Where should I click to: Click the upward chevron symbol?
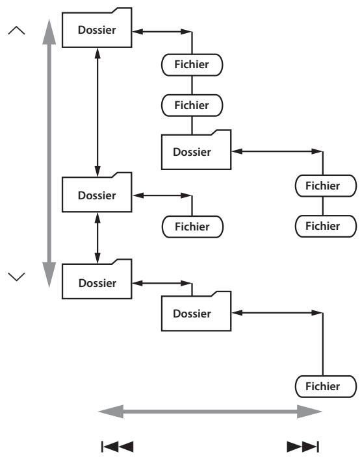17,31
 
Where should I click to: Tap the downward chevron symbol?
17,277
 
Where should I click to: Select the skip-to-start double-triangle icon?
118,447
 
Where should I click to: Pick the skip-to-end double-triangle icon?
303,447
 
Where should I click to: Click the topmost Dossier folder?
97,29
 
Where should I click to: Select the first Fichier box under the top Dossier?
192,65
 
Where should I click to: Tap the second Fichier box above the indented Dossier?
192,105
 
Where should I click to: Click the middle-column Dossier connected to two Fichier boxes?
196,152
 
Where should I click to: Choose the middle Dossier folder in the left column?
97,194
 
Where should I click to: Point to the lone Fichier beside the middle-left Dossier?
192,227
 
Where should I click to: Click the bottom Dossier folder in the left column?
97,281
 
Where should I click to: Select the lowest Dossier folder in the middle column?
196,313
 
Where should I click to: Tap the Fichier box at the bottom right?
326,386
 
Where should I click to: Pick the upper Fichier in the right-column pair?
326,186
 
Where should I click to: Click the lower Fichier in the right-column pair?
326,226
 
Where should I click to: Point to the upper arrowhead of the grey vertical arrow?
49,32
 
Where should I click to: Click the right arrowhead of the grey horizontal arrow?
309,412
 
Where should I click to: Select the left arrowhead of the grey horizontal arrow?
110,412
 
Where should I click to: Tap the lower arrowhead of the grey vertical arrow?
49,275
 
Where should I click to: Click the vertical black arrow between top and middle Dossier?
97,112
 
